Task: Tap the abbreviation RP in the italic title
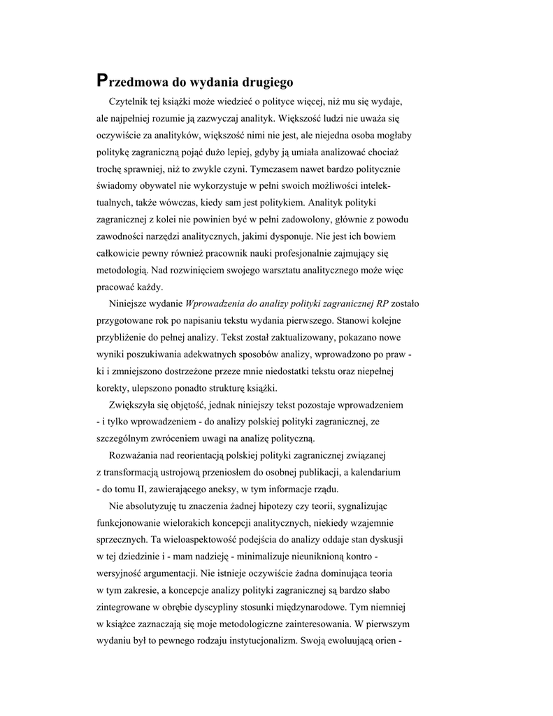tap(382, 304)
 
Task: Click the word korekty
tap(113, 388)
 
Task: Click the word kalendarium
tap(374, 473)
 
